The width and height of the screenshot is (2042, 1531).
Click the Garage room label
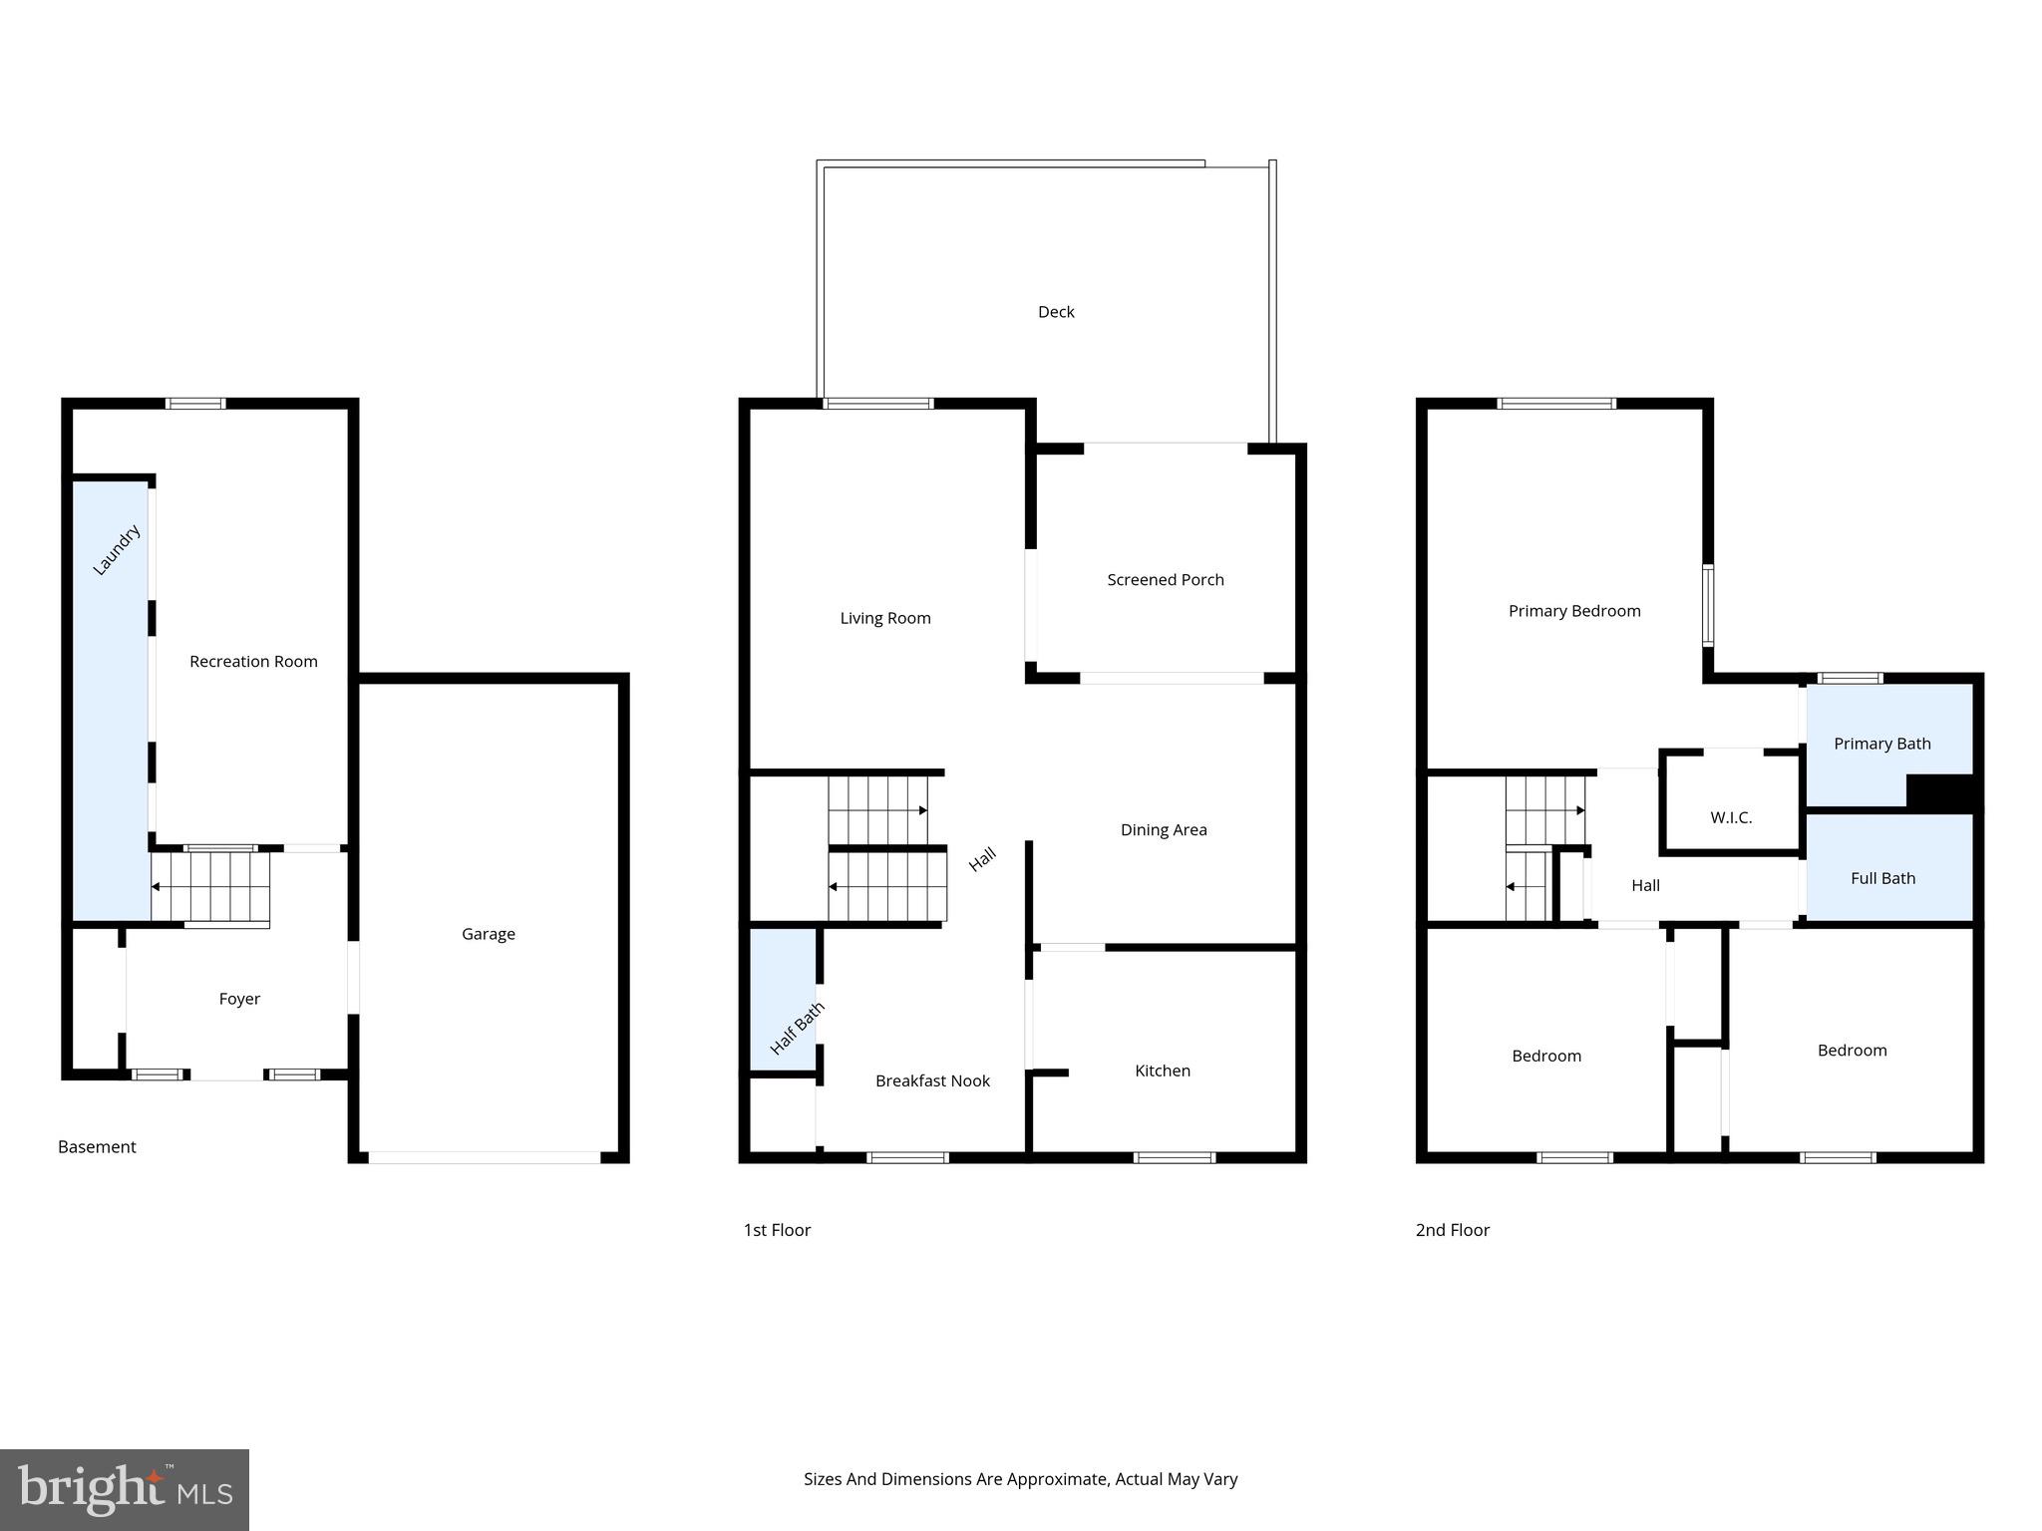point(488,934)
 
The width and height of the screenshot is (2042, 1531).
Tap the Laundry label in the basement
point(117,550)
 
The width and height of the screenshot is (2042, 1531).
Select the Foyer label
point(239,999)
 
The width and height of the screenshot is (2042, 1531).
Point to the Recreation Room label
point(253,662)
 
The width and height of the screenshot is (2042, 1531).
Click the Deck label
point(1056,312)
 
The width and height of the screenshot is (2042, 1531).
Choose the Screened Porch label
point(1165,580)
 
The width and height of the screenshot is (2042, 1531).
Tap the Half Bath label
point(797,1029)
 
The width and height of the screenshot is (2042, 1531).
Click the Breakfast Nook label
point(932,1081)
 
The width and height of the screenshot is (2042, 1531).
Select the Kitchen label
point(1162,1071)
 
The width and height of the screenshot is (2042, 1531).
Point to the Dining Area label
point(1163,830)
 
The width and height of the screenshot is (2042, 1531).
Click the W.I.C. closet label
point(1731,817)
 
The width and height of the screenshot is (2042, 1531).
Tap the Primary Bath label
point(1881,744)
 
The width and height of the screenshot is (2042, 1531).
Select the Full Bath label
point(1882,878)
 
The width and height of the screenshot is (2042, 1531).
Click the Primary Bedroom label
point(1573,611)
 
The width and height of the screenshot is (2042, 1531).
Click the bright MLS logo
point(125,1490)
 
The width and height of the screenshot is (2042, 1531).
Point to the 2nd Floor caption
point(1452,1230)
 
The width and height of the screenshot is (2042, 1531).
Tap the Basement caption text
point(97,1147)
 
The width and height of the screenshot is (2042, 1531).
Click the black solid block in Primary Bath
point(1939,792)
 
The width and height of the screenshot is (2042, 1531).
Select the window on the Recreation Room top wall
point(195,404)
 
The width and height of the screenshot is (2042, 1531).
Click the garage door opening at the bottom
point(485,1157)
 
